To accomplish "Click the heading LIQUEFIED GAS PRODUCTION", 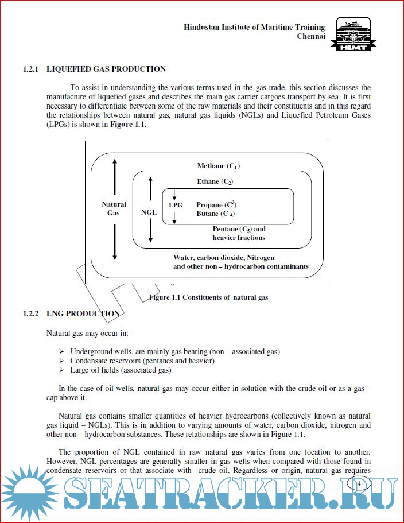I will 106,69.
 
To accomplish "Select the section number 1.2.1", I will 30,69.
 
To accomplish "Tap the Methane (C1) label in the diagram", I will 219,166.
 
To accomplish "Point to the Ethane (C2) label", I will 215,181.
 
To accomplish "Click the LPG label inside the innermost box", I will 176,204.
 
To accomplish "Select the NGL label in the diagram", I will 149,212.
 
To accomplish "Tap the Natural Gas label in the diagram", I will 114,208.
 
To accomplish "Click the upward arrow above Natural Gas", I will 115,178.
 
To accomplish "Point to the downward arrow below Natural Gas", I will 115,241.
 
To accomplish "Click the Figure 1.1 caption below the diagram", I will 209,297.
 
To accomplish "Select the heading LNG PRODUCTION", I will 83,314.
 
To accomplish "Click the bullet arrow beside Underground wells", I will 61,351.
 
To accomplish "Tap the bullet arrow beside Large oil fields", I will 61,370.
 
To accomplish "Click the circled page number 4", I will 359,483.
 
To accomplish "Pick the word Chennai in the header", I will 311,36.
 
